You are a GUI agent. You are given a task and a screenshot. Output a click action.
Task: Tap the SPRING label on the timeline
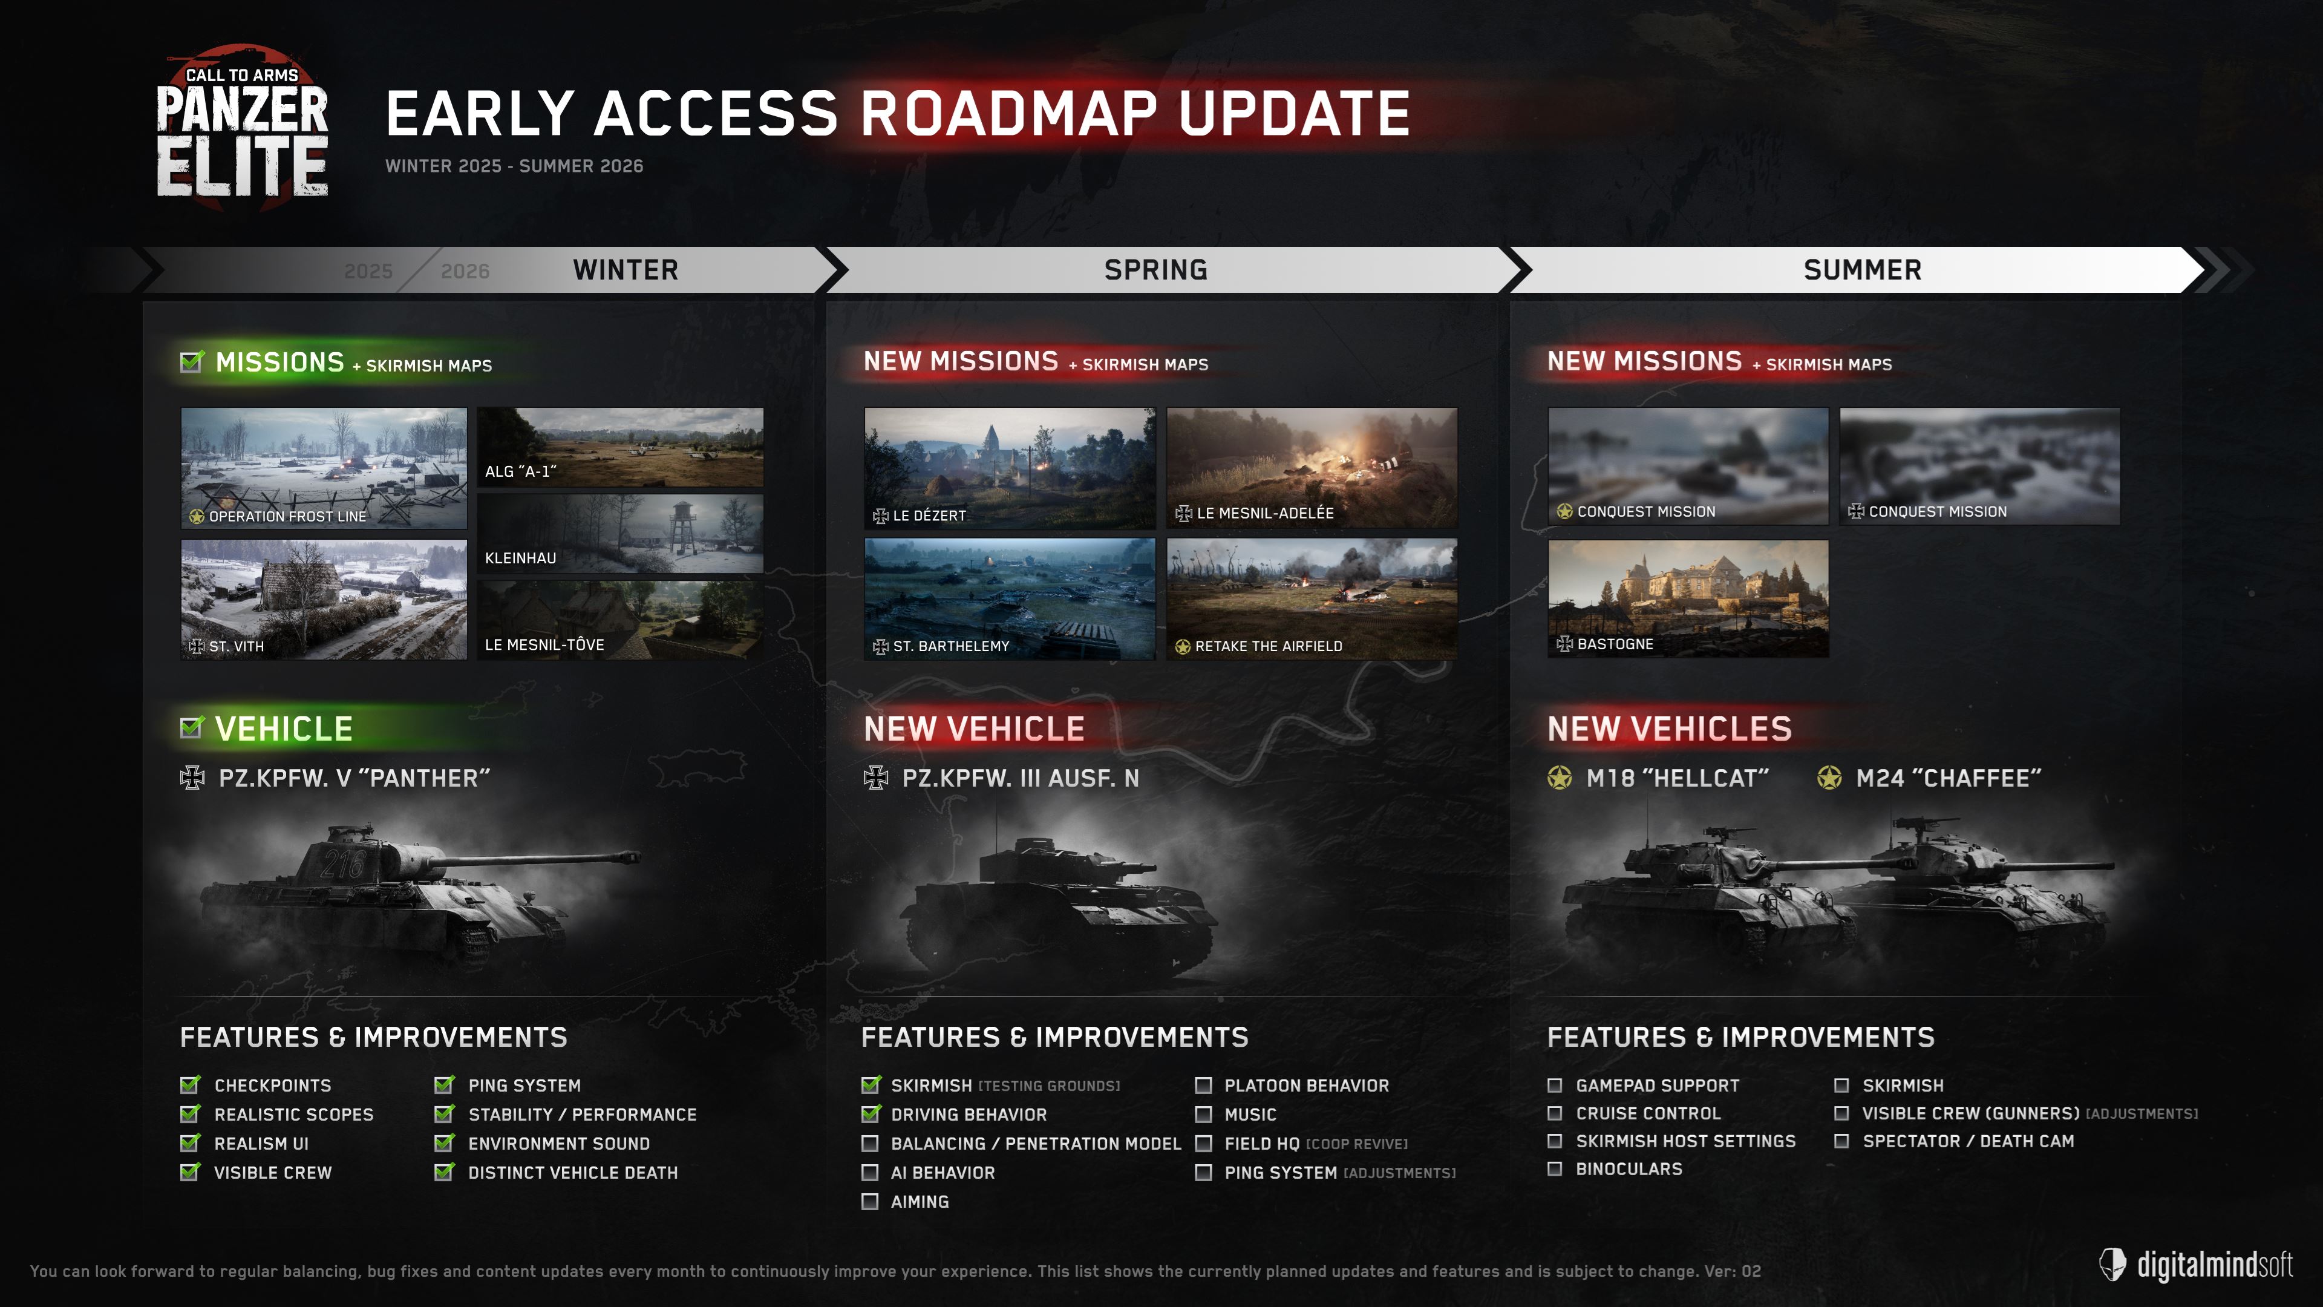(x=1156, y=270)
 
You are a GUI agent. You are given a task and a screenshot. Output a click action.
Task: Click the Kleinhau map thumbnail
(x=619, y=533)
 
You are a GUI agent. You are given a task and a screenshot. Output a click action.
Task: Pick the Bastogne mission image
(x=1688, y=599)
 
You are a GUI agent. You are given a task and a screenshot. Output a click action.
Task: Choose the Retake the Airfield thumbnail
(x=1312, y=599)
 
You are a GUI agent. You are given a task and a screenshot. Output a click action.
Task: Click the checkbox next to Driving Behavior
(x=871, y=1113)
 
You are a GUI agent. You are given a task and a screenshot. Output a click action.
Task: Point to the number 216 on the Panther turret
(x=342, y=863)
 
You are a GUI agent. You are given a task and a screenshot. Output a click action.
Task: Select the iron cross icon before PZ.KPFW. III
(x=875, y=778)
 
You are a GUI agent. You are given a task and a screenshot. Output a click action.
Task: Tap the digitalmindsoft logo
(x=2196, y=1265)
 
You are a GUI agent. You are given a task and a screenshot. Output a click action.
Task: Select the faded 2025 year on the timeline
(x=368, y=270)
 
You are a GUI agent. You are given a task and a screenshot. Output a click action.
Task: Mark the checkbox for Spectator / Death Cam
(x=1841, y=1141)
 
